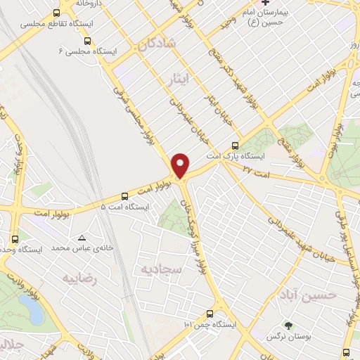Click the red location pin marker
coord(181,165)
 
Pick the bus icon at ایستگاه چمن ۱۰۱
coord(210,314)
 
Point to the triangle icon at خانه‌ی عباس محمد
coord(83,238)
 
